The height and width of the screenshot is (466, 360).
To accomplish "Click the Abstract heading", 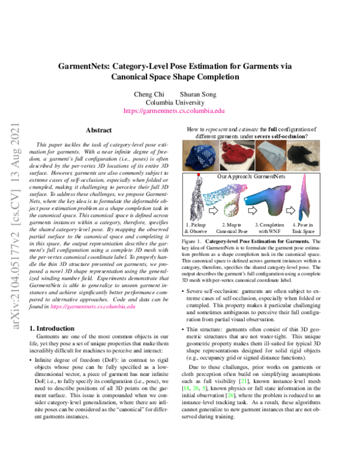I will (x=99, y=130).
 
